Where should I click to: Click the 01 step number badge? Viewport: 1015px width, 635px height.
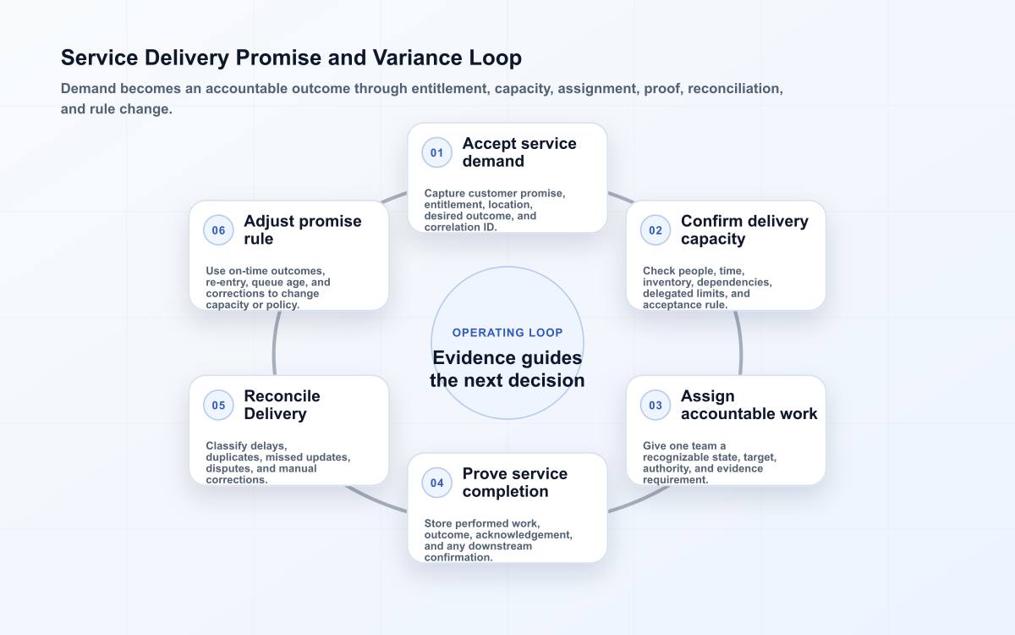coord(436,152)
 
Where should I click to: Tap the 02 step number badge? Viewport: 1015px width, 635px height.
coord(656,230)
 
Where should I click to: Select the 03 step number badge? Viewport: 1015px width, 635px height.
coord(656,405)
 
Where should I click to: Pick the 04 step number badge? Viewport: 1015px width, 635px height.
coord(436,483)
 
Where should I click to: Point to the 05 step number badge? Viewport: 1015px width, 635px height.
coord(218,405)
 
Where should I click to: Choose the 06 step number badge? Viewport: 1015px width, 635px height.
coord(218,230)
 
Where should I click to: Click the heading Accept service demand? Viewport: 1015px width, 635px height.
coord(519,152)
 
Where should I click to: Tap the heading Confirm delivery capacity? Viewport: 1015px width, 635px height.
coord(744,230)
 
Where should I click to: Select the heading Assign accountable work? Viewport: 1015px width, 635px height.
coord(749,405)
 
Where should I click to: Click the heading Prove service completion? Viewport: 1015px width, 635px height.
coord(515,483)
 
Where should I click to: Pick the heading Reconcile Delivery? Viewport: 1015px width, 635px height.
coord(282,405)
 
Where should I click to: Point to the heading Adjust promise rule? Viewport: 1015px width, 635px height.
coord(303,230)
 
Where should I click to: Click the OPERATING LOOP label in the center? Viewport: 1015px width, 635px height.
coord(507,333)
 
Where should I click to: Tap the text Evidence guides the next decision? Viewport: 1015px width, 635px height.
coord(507,369)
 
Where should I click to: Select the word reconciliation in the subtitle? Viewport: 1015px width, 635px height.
coord(735,88)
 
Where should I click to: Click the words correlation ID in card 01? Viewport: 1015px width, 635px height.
coord(460,227)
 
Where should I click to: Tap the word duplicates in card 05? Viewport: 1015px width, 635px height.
coord(233,457)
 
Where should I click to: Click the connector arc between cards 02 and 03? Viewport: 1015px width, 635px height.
coord(739,343)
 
